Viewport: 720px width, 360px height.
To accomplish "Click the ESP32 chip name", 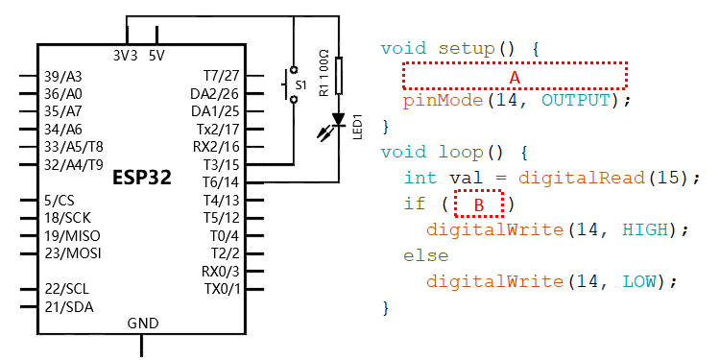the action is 142,179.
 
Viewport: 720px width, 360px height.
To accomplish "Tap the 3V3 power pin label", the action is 125,56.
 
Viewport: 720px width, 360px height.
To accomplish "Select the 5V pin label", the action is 156,56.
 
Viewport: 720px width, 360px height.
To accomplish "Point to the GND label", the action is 143,324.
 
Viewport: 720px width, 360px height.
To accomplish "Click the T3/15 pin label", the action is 222,164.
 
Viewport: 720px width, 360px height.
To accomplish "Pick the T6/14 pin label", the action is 222,182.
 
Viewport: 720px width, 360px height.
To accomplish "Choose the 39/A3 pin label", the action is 63,76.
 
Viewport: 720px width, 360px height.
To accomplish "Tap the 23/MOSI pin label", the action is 73,253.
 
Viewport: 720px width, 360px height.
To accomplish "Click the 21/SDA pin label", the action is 69,307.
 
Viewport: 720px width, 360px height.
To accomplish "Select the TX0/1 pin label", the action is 223,289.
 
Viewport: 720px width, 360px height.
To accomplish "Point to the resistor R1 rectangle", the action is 339,76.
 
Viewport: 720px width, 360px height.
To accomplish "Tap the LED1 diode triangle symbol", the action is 339,119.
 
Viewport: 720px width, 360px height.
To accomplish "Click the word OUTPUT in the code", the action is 576,100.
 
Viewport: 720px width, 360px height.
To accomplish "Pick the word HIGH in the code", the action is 645,229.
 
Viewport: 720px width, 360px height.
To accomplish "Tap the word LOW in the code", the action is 639,281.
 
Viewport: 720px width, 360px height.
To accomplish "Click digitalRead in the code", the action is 582,178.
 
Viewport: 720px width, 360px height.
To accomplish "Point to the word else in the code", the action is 425,255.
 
